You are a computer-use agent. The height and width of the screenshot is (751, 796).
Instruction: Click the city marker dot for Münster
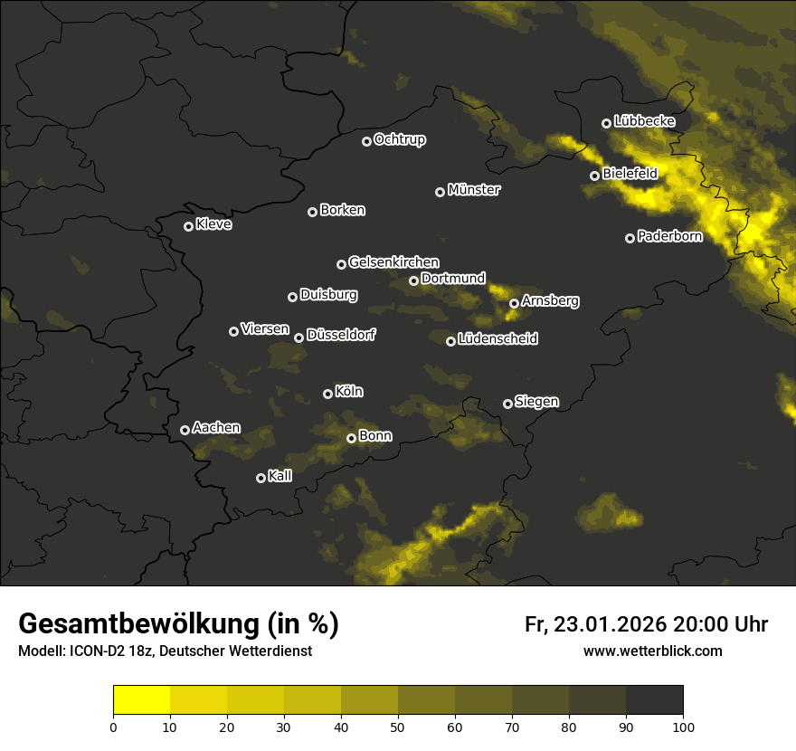point(441,192)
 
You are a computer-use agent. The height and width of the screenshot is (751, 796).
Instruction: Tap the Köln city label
point(349,392)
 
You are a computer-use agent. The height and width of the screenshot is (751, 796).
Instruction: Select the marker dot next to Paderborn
point(630,238)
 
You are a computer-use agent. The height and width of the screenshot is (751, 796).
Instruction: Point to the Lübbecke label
point(644,121)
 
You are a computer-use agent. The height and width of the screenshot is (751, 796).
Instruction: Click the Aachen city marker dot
point(185,430)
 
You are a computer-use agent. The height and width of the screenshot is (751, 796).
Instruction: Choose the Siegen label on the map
point(536,402)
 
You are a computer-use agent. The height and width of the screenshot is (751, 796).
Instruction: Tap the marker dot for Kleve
point(189,226)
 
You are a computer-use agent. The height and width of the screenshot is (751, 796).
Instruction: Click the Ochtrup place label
point(399,139)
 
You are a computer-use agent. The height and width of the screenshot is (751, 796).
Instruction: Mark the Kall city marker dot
point(261,478)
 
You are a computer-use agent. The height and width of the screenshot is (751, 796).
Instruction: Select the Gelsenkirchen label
point(393,262)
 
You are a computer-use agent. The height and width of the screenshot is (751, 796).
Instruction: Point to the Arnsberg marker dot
point(514,303)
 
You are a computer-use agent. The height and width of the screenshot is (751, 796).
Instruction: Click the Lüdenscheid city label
point(497,339)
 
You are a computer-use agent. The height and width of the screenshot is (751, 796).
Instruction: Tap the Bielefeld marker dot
point(595,176)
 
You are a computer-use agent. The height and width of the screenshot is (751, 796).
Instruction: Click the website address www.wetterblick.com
point(653,651)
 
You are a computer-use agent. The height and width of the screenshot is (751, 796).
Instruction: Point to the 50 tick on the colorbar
point(398,726)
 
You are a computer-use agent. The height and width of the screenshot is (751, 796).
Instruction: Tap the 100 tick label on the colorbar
point(683,726)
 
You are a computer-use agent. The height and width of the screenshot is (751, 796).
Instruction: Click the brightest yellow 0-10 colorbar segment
point(142,700)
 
